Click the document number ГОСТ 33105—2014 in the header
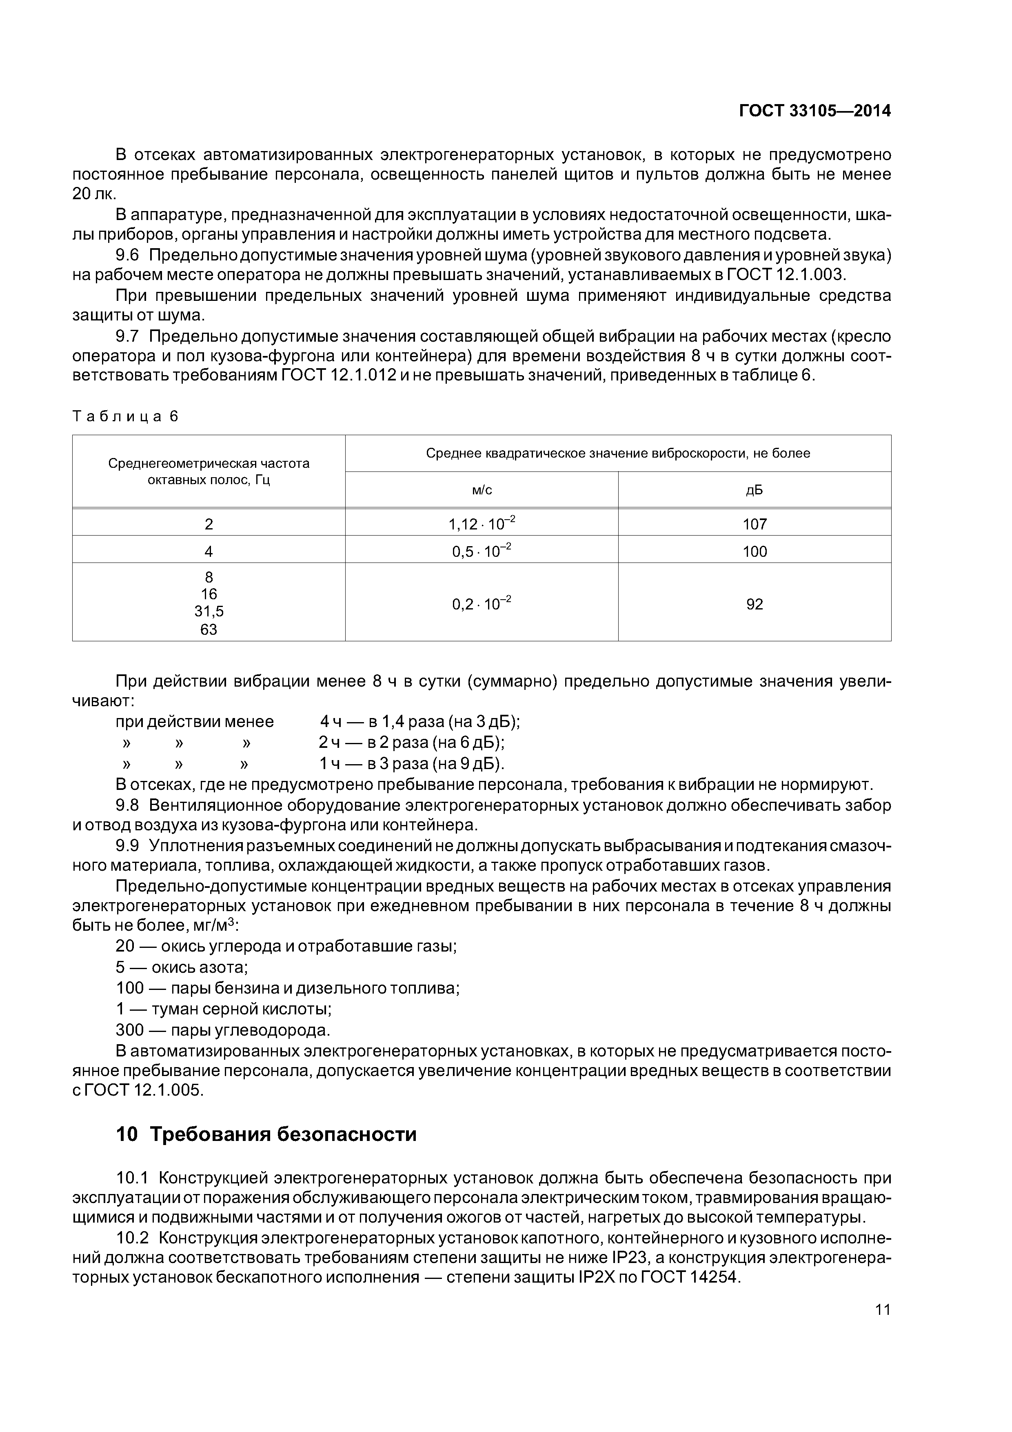click(814, 111)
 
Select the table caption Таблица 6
click(125, 416)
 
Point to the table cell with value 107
click(755, 524)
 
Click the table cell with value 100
click(755, 551)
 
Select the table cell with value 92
click(755, 604)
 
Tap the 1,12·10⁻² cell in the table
click(482, 524)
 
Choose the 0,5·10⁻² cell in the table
click(482, 551)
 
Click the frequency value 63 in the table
click(209, 630)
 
